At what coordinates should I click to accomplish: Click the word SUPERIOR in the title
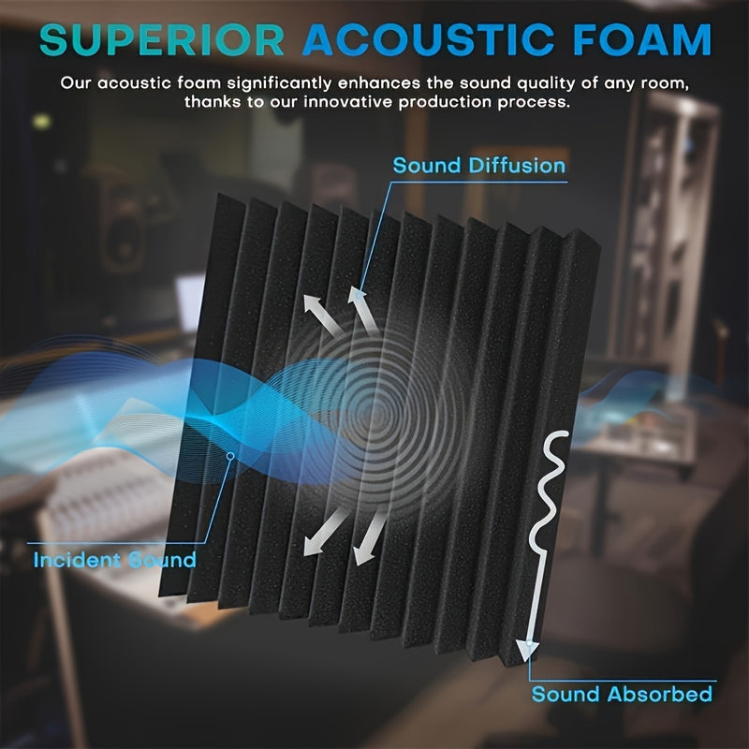click(162, 40)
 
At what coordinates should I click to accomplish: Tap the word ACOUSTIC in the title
click(429, 40)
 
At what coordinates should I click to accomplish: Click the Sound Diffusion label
click(479, 166)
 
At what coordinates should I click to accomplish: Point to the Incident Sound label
click(114, 560)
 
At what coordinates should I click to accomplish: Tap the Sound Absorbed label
click(622, 694)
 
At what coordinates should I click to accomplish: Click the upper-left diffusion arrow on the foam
click(321, 314)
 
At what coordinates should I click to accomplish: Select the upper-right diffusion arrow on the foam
click(363, 309)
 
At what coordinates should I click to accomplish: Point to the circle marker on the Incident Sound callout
click(230, 456)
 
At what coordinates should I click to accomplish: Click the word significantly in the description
click(279, 83)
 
